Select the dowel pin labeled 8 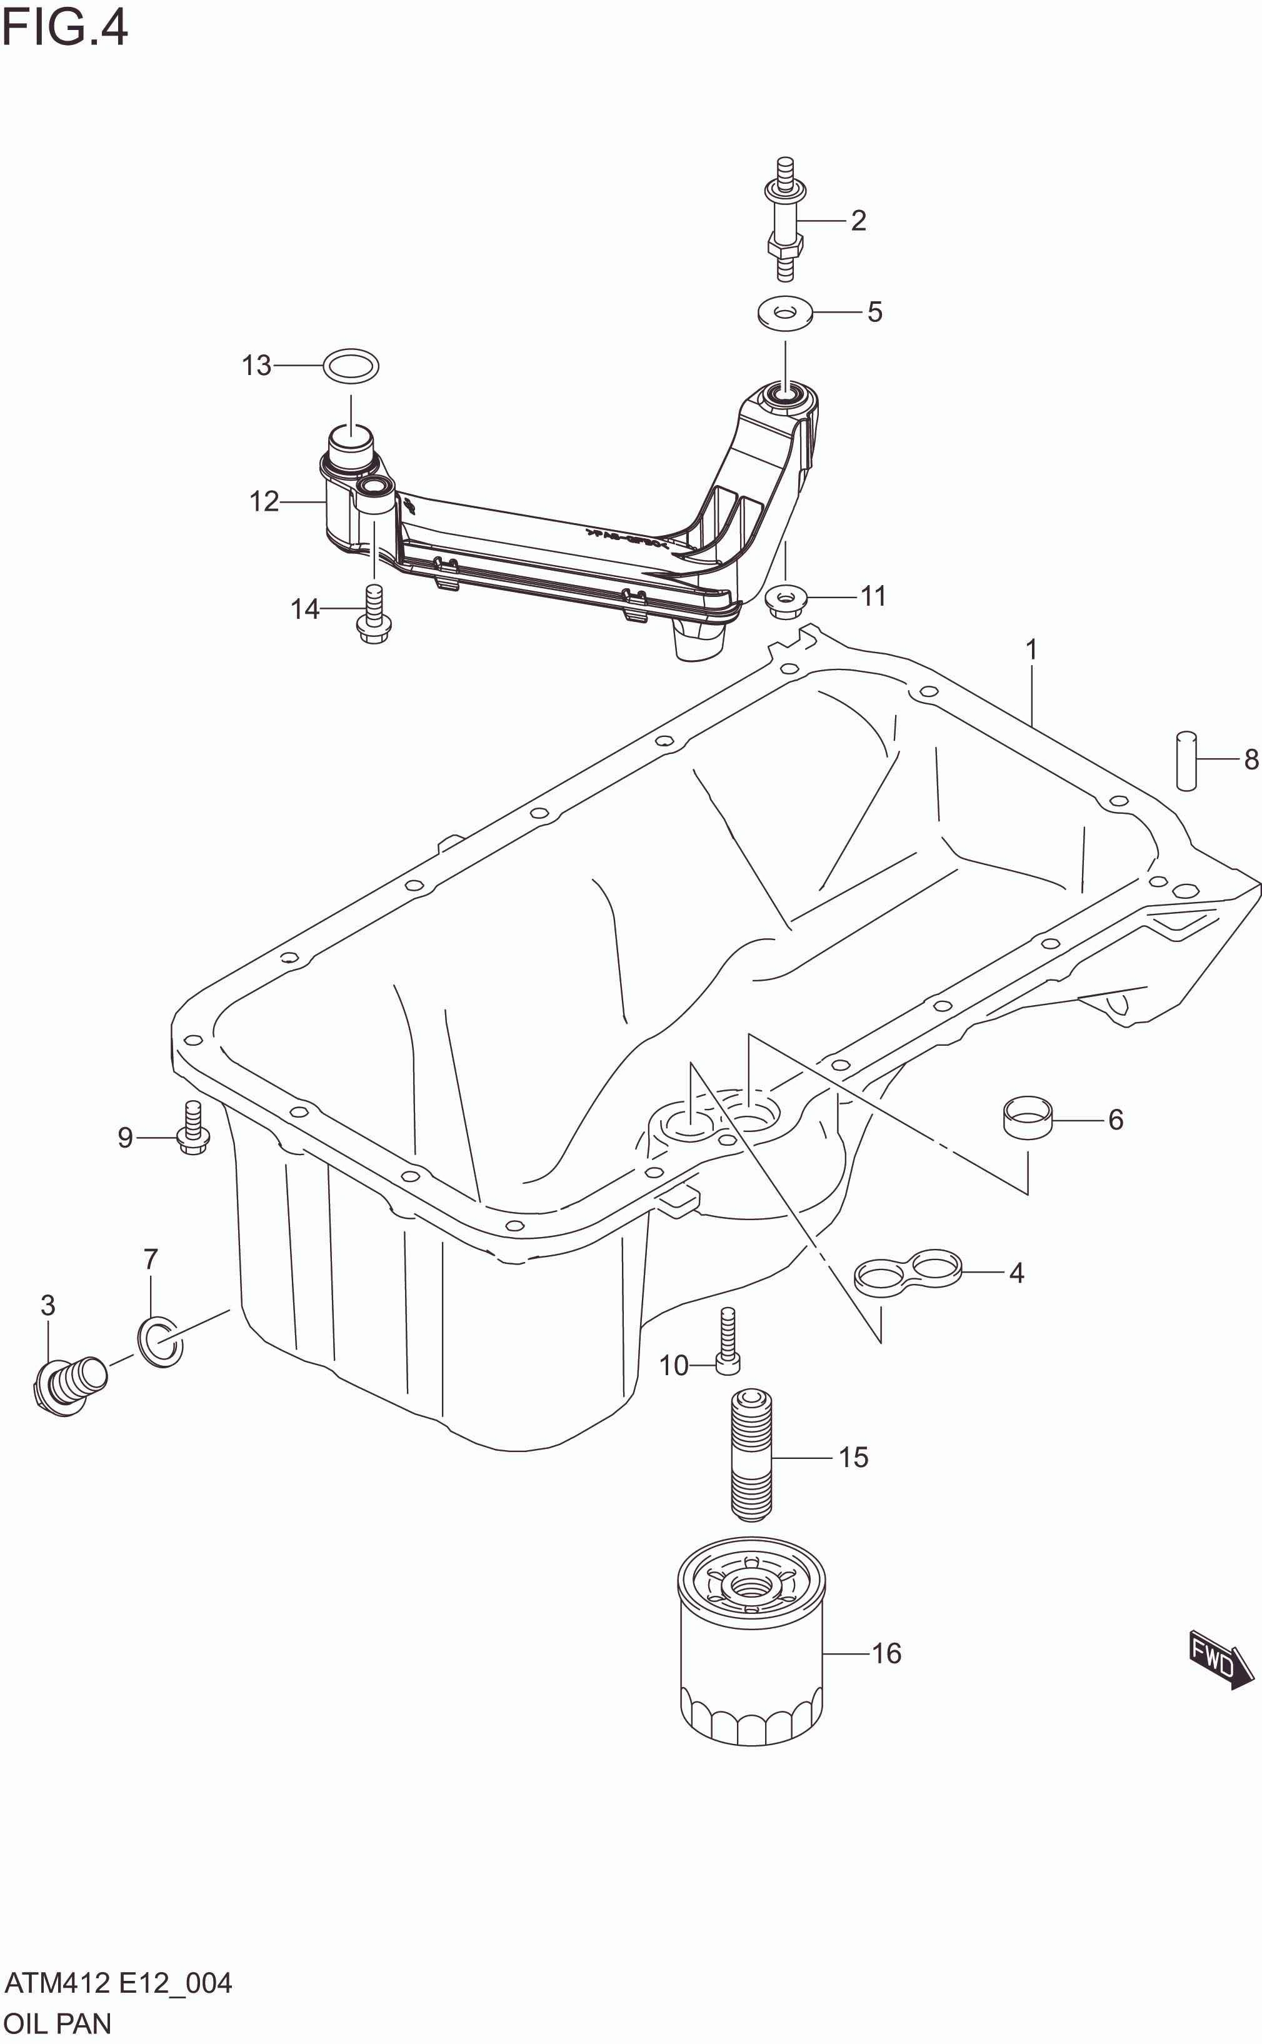(x=1185, y=759)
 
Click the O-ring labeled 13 (x=351, y=366)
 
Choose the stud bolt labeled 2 (x=784, y=219)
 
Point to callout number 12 (x=264, y=501)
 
